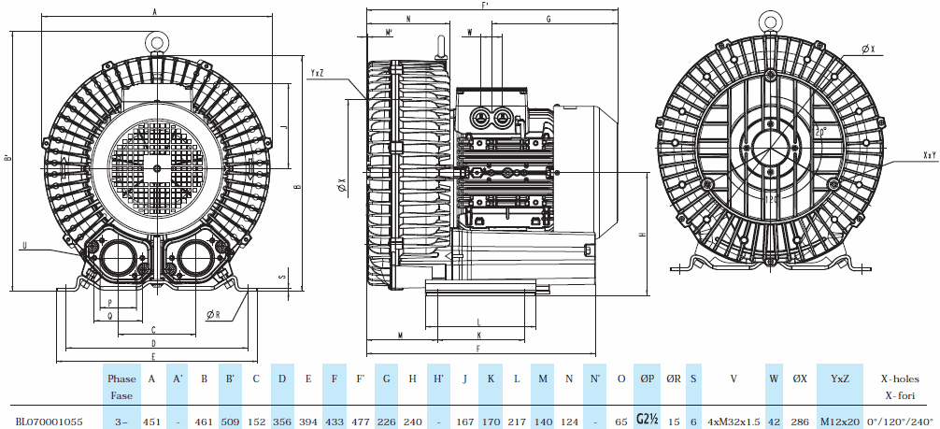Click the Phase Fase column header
tap(121, 387)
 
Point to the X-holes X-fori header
tap(901, 387)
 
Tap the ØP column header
tap(648, 379)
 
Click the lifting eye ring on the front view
tap(155, 40)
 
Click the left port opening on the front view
tap(119, 257)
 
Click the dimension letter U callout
tap(24, 246)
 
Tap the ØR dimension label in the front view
tap(213, 315)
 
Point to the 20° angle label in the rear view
tap(819, 132)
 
